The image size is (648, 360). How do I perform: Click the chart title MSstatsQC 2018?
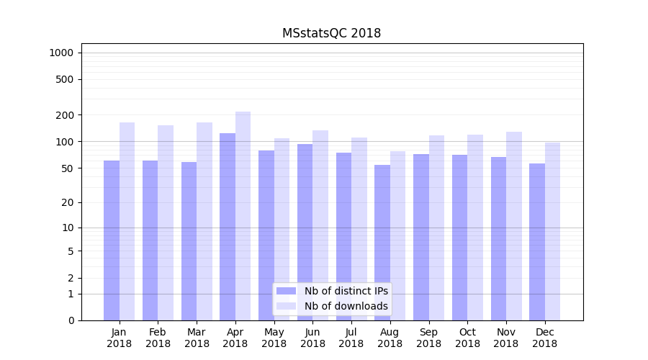331,33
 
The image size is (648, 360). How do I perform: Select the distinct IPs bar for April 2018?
228,227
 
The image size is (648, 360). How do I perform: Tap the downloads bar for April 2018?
243,216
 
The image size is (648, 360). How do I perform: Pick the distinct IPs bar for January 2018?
112,240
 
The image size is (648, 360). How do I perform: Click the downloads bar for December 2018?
552,231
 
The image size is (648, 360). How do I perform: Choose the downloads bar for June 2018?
320,225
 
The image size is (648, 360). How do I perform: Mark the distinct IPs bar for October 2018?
459,238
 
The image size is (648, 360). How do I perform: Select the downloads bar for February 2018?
166,222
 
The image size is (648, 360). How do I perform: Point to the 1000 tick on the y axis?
61,53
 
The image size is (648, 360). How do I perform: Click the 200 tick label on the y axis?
64,115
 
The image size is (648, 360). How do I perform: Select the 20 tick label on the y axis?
67,202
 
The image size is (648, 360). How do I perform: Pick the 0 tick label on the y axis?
70,320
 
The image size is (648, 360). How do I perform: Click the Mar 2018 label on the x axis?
197,338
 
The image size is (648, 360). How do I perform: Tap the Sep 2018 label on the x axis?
428,338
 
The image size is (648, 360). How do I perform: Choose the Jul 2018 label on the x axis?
351,338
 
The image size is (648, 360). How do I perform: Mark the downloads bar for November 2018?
514,226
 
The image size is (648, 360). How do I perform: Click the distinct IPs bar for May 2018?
266,235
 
